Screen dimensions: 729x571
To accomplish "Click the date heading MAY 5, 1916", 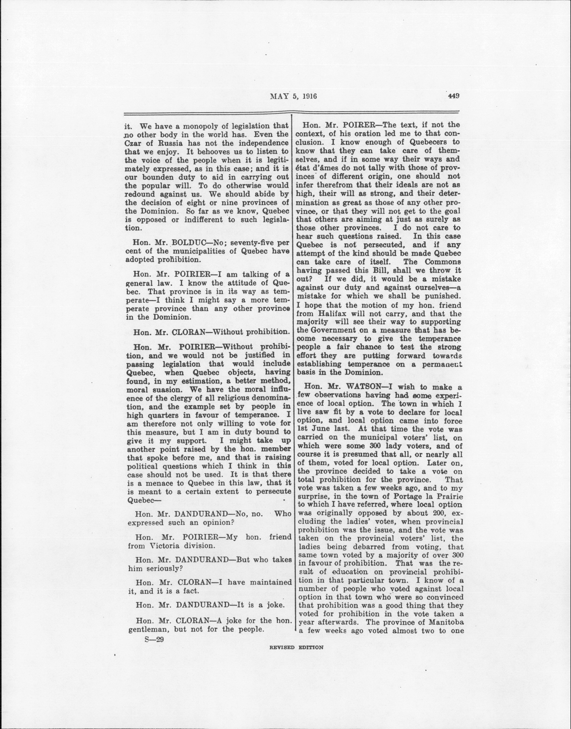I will (x=293, y=97).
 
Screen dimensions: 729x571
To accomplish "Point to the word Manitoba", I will (x=443, y=622).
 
